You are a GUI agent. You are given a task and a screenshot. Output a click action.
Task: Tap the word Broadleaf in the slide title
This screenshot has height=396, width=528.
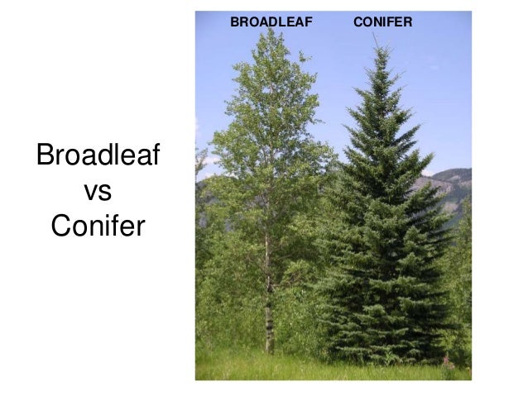[x=98, y=157]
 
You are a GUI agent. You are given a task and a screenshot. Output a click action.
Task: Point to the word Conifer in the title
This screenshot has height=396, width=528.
[x=98, y=224]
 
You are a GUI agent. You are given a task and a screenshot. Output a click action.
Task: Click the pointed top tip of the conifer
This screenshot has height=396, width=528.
[x=382, y=48]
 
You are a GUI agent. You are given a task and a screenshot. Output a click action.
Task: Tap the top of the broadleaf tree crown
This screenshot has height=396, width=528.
[x=268, y=35]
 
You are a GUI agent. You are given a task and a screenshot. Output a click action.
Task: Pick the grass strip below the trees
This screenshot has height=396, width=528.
[x=331, y=368]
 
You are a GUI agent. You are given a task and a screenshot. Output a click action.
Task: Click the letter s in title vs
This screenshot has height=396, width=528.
[x=105, y=192]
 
